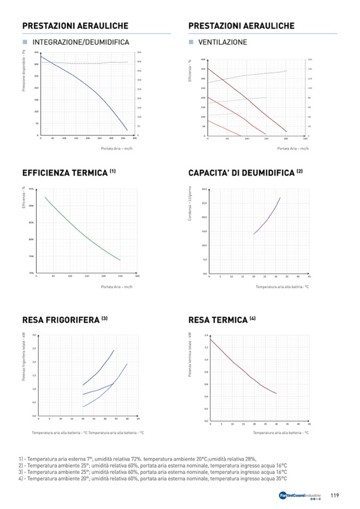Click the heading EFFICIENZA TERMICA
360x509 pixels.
tap(65, 174)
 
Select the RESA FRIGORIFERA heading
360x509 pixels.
tap(61, 320)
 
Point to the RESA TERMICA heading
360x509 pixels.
tap(218, 320)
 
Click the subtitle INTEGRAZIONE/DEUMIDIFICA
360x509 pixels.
tap(81, 42)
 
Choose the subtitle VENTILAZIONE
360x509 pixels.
tap(222, 42)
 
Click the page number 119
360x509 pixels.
tap(335, 496)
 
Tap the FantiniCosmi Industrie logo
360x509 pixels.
tap(300, 496)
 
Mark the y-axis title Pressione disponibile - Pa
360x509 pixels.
tap(24, 71)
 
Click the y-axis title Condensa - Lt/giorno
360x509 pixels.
tap(190, 204)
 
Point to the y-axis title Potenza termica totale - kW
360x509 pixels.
tap(190, 355)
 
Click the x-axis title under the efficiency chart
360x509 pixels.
tap(117, 287)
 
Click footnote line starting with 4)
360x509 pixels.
tap(153, 478)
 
